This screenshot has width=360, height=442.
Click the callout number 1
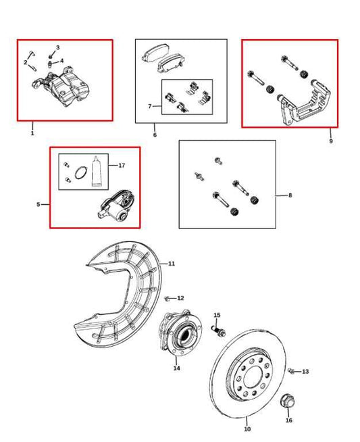pyautogui.click(x=32, y=133)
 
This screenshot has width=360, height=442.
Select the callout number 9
pyautogui.click(x=331, y=141)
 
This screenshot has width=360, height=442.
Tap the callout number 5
pyautogui.click(x=38, y=203)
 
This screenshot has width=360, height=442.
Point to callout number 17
pyautogui.click(x=122, y=166)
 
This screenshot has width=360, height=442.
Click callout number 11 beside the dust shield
pyautogui.click(x=172, y=263)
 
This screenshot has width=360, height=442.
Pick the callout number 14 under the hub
pyautogui.click(x=177, y=368)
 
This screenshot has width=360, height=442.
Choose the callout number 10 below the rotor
pyautogui.click(x=247, y=429)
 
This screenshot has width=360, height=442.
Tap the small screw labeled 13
pyautogui.click(x=291, y=371)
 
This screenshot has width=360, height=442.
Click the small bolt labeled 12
pyautogui.click(x=166, y=297)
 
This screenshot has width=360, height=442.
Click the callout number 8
pyautogui.click(x=290, y=196)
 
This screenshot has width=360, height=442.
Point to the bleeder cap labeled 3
pyautogui.click(x=51, y=55)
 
